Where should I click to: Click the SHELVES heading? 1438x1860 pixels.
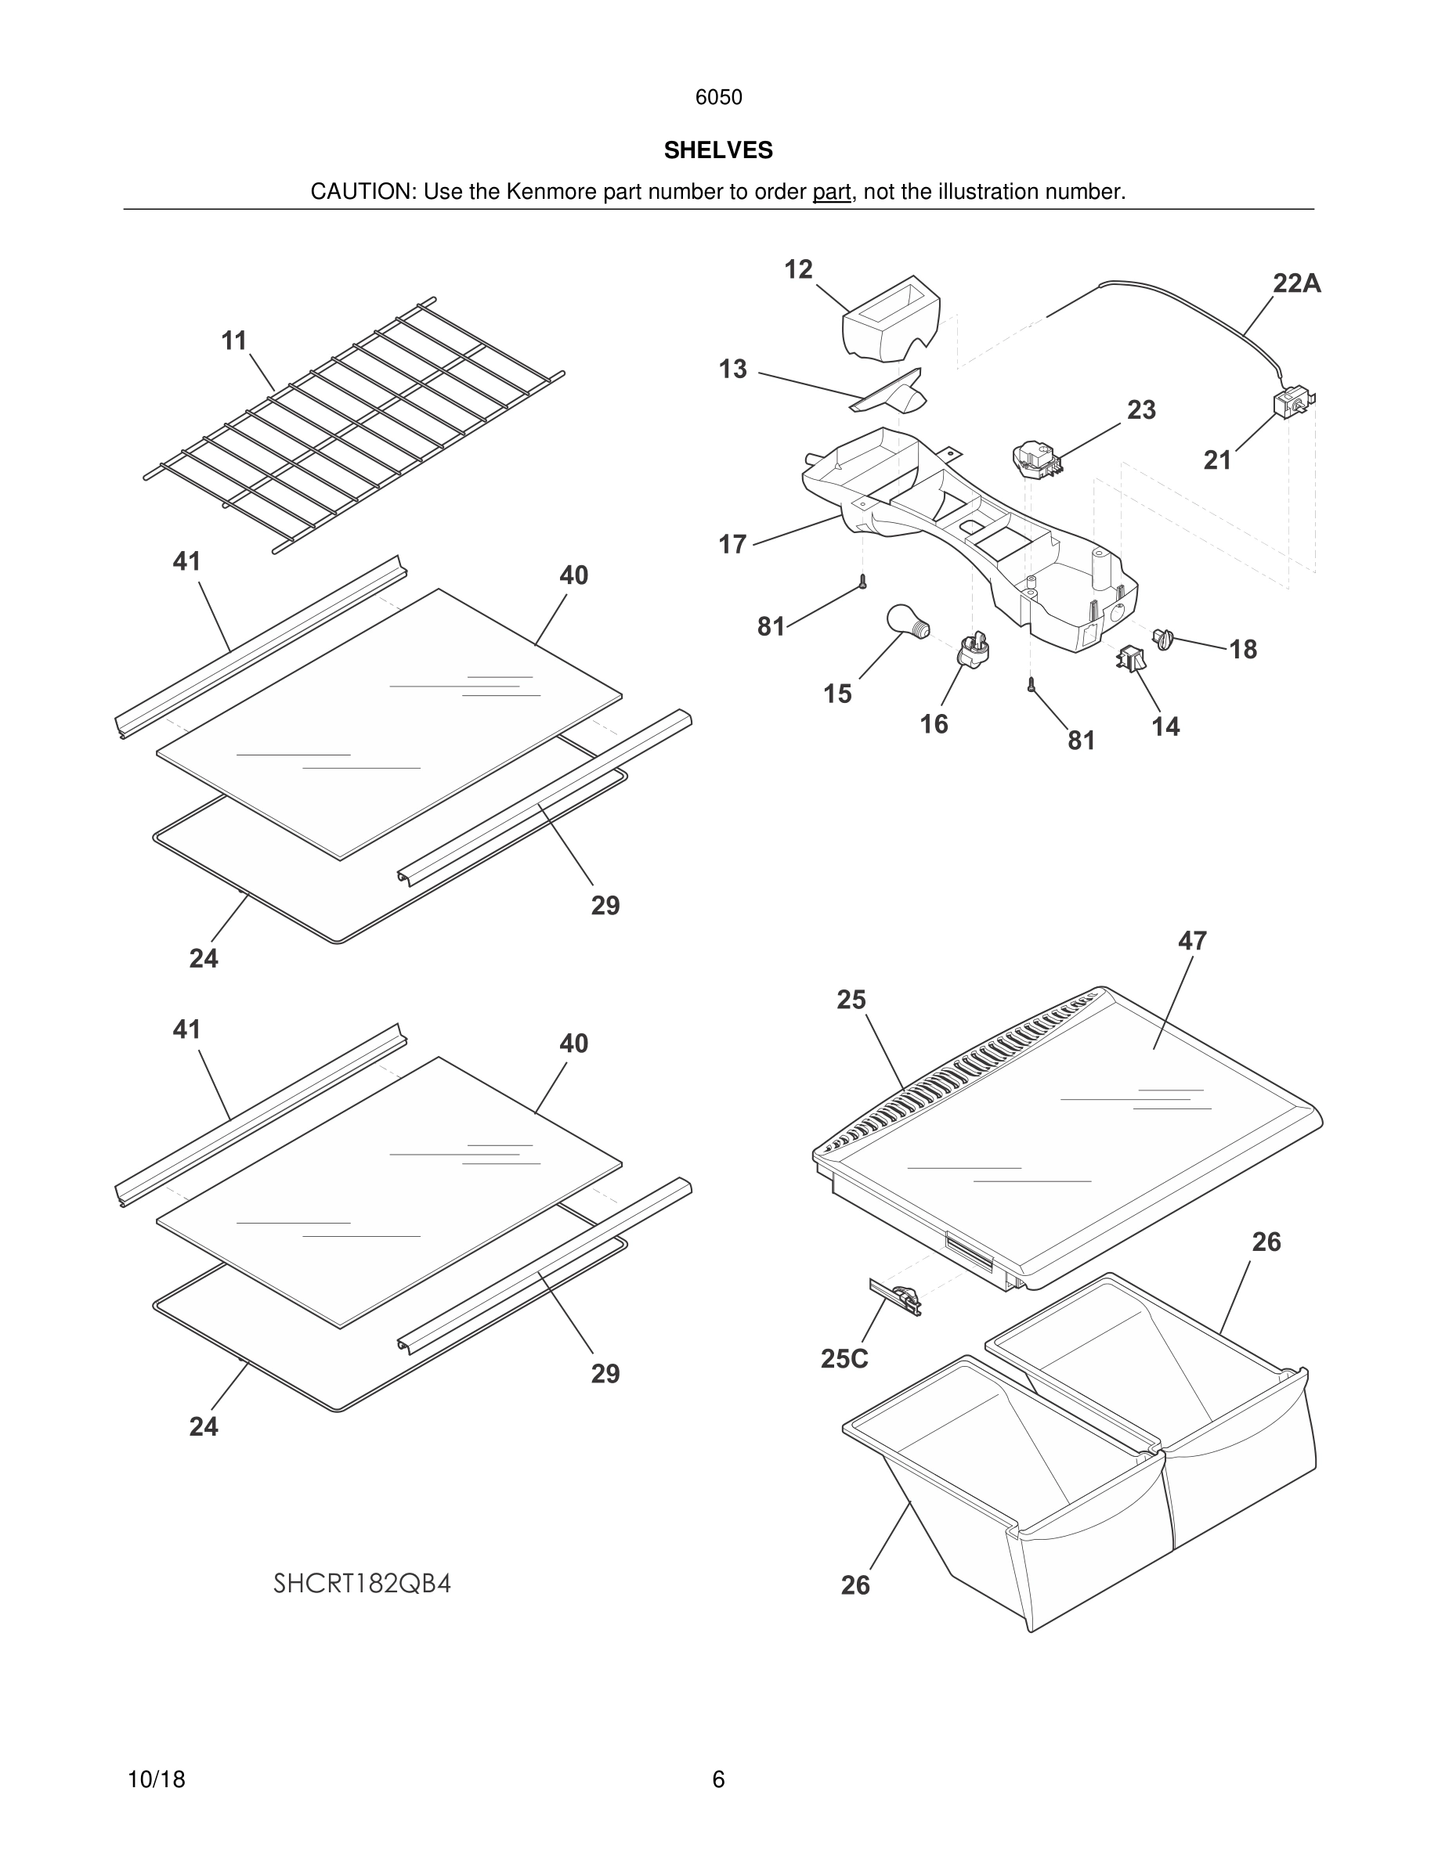[x=718, y=151]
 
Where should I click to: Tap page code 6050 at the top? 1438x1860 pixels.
[x=718, y=98]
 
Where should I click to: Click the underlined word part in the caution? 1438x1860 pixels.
[x=832, y=193]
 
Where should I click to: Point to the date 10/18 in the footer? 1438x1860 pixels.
[x=156, y=1779]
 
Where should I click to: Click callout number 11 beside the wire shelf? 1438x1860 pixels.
[x=233, y=341]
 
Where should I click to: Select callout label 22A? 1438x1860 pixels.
[x=1296, y=283]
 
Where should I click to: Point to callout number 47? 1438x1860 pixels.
[x=1192, y=941]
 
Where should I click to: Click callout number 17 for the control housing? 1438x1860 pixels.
[x=732, y=544]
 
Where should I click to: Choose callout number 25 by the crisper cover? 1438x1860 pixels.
[x=851, y=1000]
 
